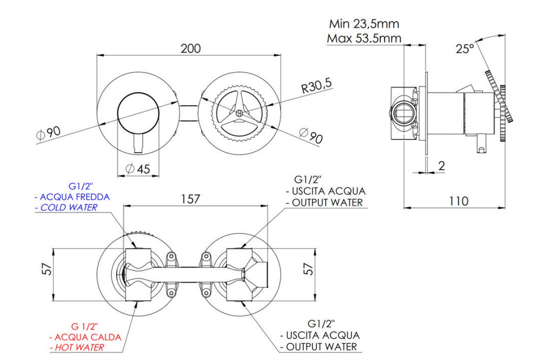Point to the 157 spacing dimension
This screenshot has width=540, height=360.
pyautogui.click(x=190, y=199)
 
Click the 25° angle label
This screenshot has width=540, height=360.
pyautogui.click(x=465, y=49)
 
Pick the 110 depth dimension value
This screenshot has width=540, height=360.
pyautogui.click(x=459, y=201)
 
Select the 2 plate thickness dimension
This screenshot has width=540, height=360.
pyautogui.click(x=441, y=166)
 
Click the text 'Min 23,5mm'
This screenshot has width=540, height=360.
pyautogui.click(x=364, y=23)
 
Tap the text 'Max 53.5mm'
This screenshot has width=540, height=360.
pyautogui.click(x=364, y=38)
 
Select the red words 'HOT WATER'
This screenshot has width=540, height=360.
pyautogui.click(x=79, y=347)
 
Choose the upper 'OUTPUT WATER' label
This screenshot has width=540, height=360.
pyautogui.click(x=327, y=202)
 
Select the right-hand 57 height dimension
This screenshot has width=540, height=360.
pyautogui.click(x=309, y=269)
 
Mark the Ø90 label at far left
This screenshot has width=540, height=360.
pyautogui.click(x=48, y=133)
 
